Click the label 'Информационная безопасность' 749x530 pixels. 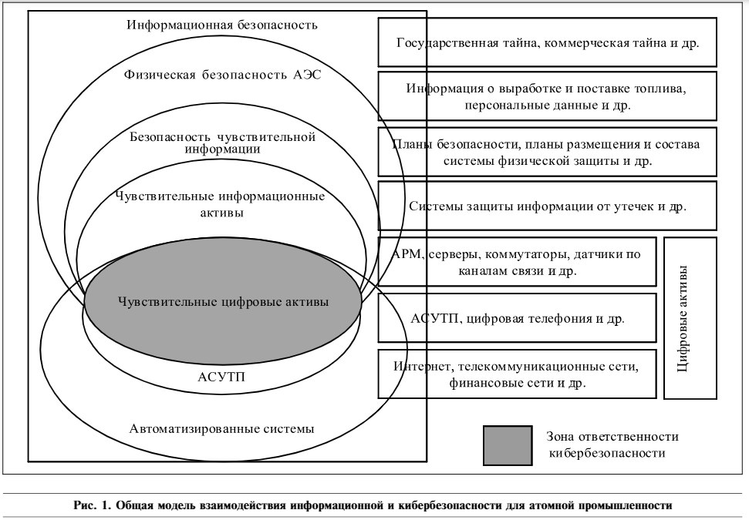221,25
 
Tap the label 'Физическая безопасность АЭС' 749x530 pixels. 223,75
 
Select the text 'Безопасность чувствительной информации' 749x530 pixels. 223,143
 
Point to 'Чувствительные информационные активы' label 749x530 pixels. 221,204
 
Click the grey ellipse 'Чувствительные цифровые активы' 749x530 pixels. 223,302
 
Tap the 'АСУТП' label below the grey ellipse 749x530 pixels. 221,377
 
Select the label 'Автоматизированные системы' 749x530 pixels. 221,429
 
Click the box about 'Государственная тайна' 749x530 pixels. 548,42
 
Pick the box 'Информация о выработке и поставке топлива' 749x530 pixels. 548,96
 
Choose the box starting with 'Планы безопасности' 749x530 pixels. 548,152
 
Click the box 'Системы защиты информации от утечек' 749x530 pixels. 548,206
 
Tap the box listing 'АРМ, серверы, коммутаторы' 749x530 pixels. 518,262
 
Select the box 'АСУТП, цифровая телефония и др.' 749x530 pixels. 518,317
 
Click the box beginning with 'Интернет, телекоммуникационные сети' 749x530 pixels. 518,374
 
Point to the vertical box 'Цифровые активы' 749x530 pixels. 690,317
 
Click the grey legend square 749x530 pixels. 508,445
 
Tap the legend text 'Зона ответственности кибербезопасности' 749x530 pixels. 612,444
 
